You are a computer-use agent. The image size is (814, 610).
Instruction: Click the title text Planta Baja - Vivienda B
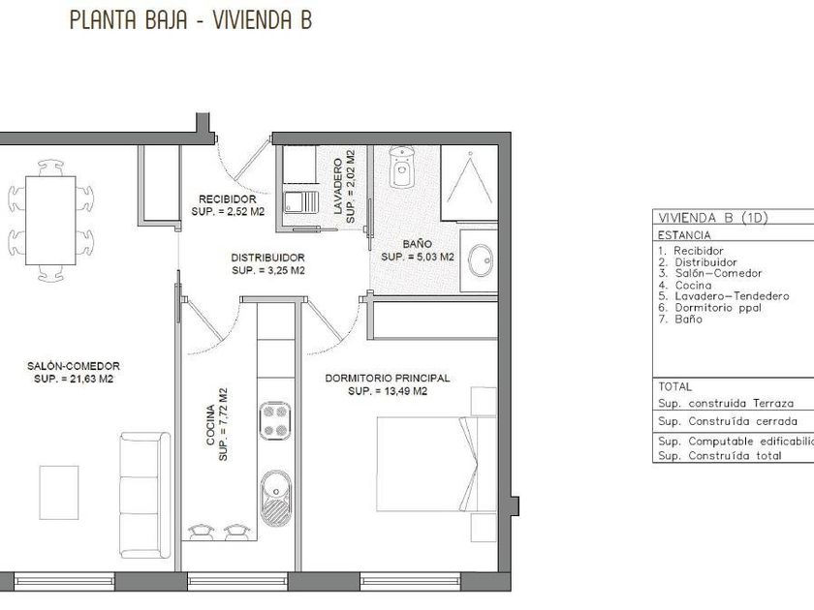coord(191,20)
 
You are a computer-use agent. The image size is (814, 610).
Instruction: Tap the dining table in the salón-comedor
coord(50,221)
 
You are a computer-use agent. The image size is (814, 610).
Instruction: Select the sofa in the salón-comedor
coord(144,496)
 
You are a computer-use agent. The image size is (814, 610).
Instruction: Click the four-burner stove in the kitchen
coord(275,420)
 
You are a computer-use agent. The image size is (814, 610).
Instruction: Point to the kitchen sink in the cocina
coord(275,498)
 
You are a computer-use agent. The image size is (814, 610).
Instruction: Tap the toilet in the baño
coord(402,167)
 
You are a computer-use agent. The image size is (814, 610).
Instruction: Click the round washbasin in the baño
coord(481,260)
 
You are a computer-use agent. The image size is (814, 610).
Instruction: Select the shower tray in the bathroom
coord(469,184)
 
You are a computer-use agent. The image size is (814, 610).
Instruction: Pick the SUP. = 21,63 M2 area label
coord(74,380)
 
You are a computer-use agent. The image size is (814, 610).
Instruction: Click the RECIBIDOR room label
coord(228,199)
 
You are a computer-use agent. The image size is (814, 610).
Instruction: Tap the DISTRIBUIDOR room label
coord(267,258)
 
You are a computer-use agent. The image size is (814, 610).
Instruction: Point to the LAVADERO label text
coord(338,187)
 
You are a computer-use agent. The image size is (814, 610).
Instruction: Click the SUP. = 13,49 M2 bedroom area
coord(388,391)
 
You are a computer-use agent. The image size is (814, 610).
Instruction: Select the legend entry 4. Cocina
coord(685,286)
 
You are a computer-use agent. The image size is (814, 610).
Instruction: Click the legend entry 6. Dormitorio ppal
coord(709,308)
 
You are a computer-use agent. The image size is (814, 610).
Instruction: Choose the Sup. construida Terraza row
coord(726,404)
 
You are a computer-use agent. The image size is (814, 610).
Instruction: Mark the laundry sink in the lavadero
coord(301,201)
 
